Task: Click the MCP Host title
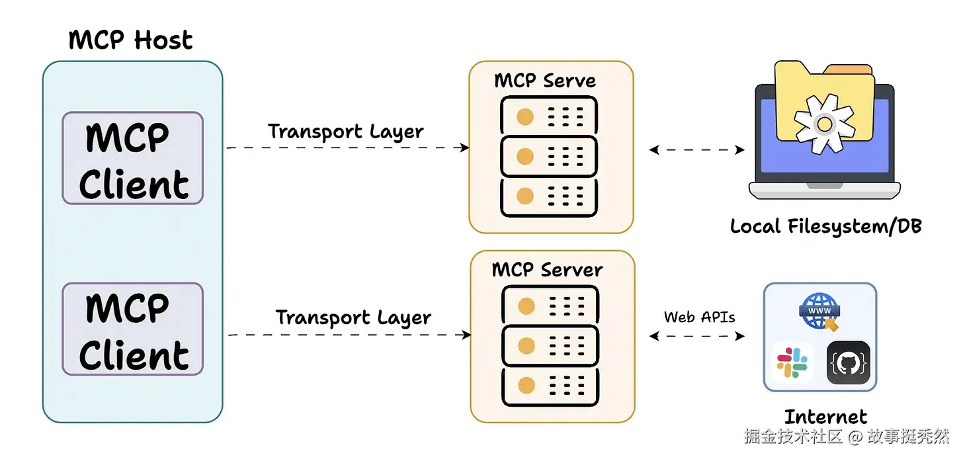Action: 130,40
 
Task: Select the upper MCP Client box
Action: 132,159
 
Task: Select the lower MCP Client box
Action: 132,329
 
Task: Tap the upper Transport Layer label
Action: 345,131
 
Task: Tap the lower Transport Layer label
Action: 353,317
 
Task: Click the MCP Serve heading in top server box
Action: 545,81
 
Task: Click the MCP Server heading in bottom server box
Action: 547,270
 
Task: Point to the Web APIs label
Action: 699,317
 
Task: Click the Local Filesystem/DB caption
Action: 825,226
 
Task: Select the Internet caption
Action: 825,417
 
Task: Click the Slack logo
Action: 792,362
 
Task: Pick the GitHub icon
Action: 848,362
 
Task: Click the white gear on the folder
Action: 823,123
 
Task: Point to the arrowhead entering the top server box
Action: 465,147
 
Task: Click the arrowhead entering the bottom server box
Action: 466,335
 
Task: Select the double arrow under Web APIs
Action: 697,336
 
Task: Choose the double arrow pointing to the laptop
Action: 697,150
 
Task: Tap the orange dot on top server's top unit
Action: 524,118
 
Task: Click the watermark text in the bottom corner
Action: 847,437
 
